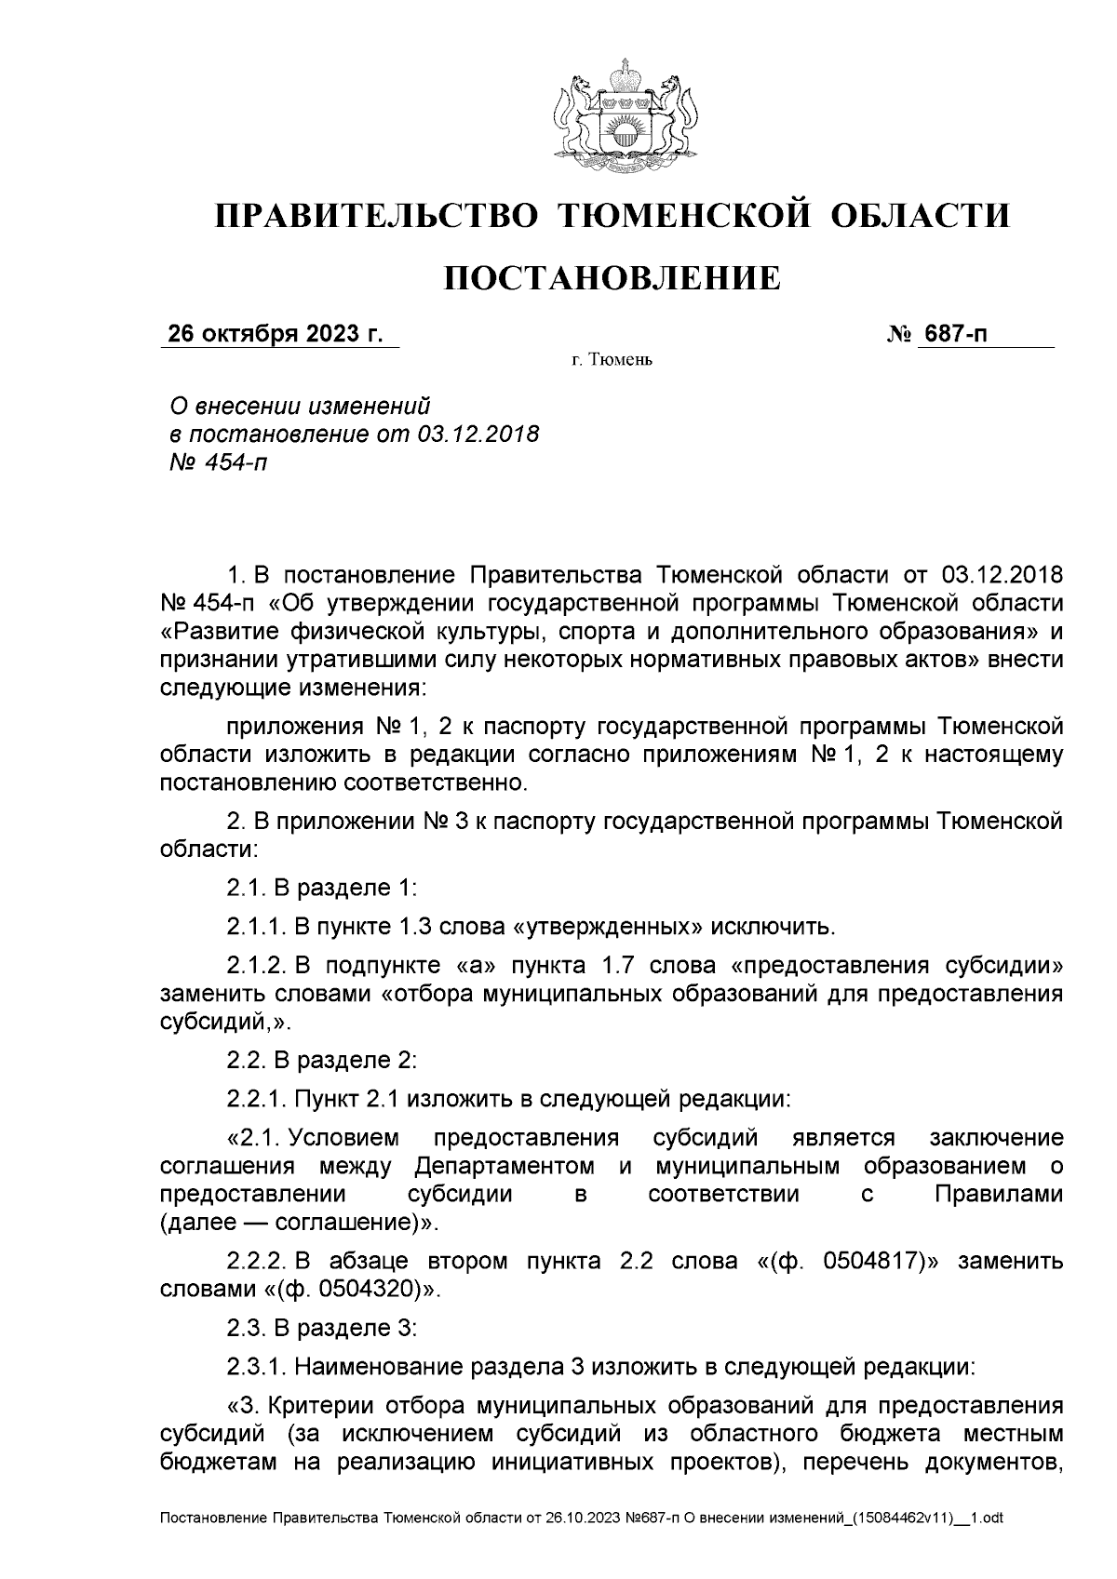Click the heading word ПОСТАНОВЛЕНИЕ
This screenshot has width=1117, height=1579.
pos(611,277)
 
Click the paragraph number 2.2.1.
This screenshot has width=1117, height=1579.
pos(257,1099)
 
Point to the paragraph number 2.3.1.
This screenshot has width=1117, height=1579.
pos(257,1367)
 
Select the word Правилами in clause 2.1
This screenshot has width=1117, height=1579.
pos(998,1195)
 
